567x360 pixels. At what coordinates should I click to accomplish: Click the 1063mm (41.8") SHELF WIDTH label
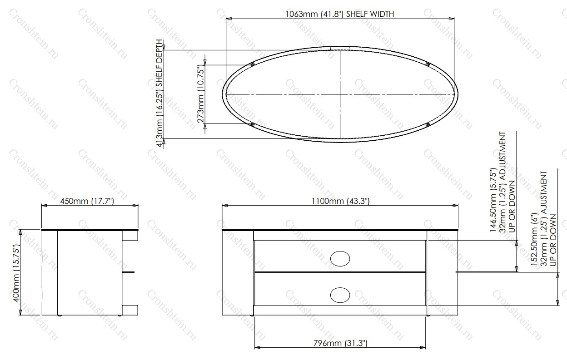[x=340, y=14]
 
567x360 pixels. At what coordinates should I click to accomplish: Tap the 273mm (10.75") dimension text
[x=200, y=94]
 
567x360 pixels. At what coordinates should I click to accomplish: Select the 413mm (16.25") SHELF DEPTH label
[x=159, y=93]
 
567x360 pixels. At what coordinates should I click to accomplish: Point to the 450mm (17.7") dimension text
[x=87, y=201]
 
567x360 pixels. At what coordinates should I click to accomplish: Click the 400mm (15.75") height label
[x=16, y=273]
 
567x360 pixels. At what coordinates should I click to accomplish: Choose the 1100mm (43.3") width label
[x=340, y=201]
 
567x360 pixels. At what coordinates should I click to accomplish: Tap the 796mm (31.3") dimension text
[x=340, y=343]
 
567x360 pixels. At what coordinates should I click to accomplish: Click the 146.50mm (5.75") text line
[x=493, y=200]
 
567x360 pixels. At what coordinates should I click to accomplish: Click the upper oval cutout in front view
[x=340, y=259]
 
